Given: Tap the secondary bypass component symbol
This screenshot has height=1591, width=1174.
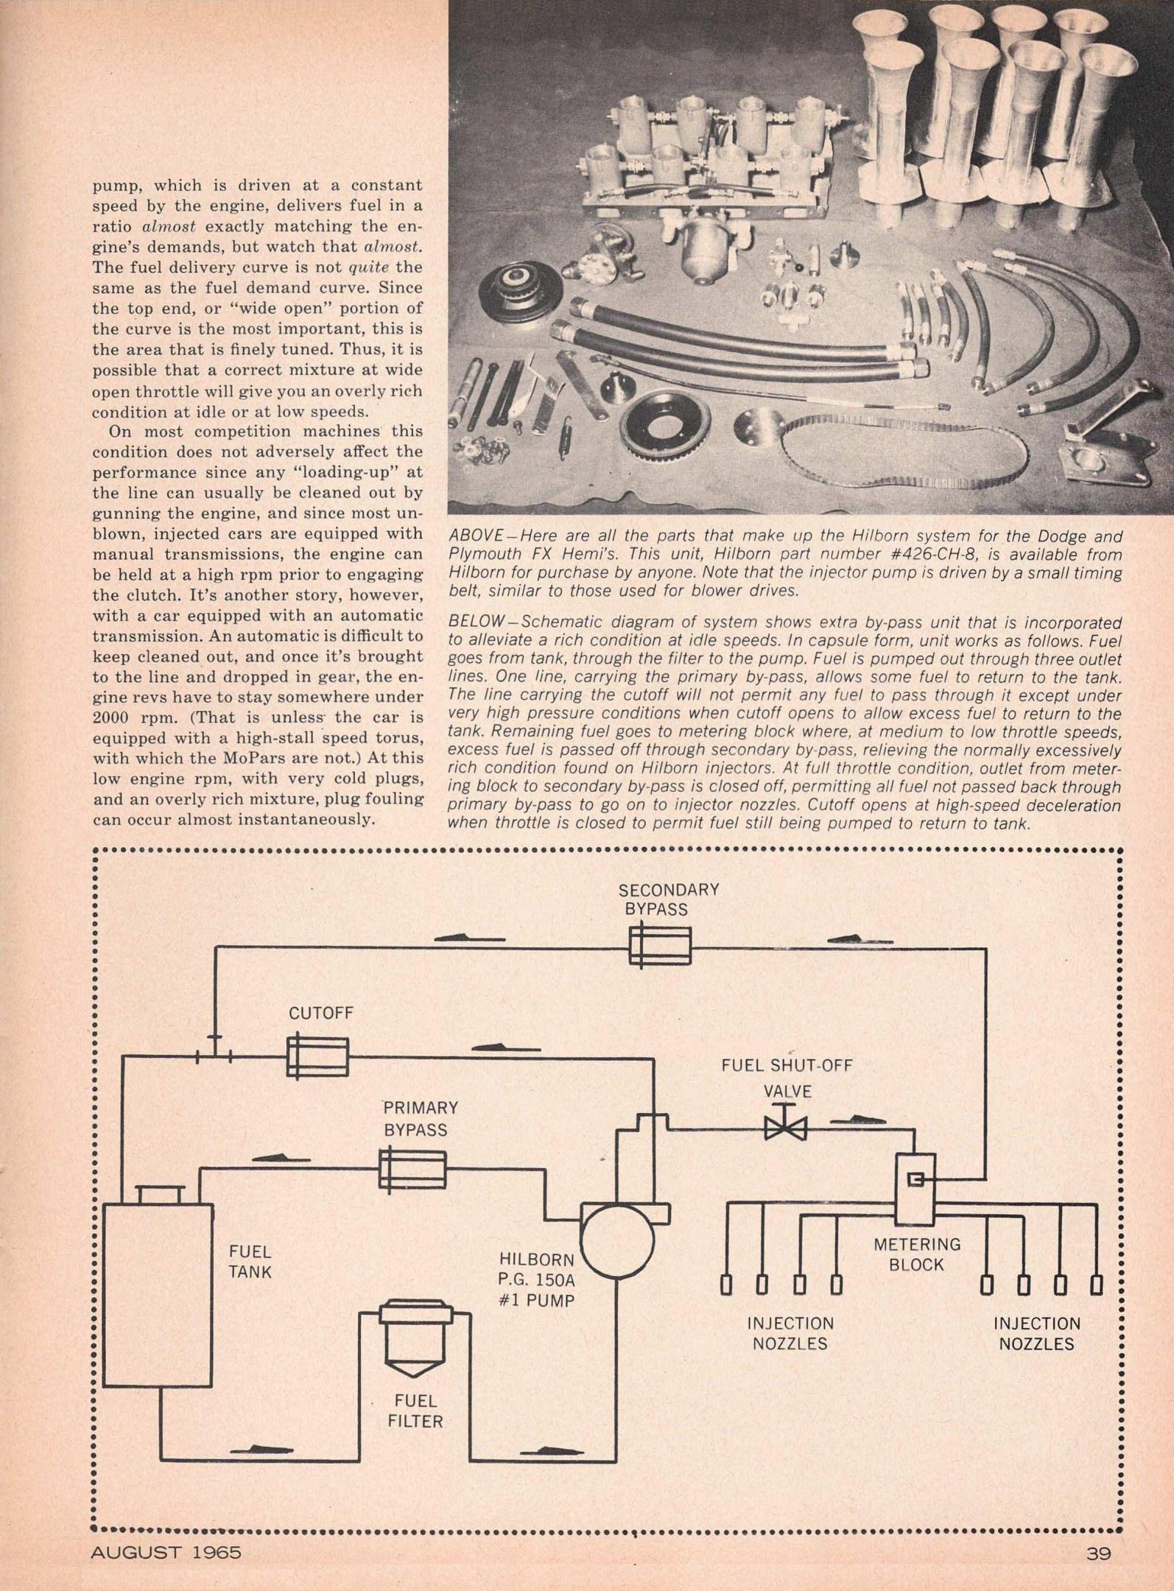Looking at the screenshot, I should [660, 946].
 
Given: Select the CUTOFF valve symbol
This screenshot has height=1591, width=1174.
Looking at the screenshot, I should [317, 1058].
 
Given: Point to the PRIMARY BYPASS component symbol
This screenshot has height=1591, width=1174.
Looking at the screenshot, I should [412, 1169].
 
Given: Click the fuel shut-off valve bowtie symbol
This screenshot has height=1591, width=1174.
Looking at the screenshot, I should [786, 1128].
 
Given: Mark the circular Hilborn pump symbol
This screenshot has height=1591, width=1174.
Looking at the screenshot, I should [617, 1240].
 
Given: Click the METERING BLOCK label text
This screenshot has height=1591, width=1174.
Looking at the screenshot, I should [917, 1254].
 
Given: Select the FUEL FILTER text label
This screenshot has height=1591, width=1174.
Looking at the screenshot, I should [415, 1411].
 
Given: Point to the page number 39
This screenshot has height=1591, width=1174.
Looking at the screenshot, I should [1097, 1553].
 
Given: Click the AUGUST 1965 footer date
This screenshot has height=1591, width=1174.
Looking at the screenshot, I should [166, 1553].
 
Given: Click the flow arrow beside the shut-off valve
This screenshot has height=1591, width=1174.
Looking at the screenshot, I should [860, 1122].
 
